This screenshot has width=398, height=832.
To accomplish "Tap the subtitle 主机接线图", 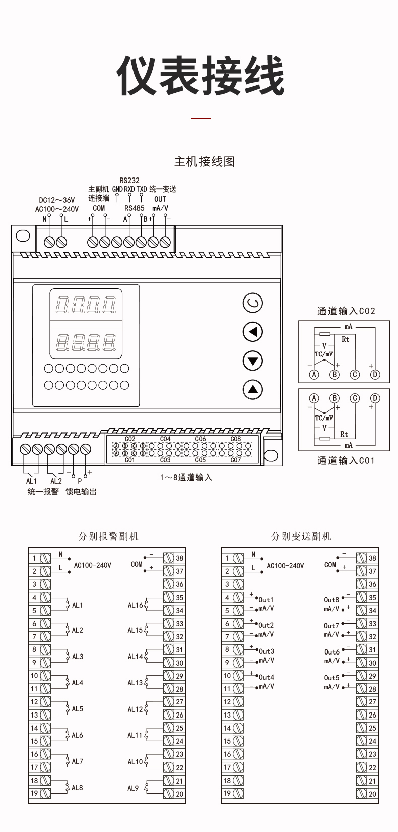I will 205,162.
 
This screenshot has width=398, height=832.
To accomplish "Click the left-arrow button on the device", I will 253,332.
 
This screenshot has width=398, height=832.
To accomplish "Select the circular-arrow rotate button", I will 253,303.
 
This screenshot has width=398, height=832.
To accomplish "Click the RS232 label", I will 129,180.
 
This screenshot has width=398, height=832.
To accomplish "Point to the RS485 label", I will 135,208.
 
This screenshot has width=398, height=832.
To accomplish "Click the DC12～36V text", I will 57,199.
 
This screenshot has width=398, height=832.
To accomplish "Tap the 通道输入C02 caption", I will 346,311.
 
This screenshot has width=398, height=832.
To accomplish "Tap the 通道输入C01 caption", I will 346,460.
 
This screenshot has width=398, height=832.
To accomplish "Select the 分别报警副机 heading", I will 108,536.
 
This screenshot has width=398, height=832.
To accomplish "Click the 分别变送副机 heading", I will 301,536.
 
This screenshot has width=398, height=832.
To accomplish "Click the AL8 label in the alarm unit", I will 77,788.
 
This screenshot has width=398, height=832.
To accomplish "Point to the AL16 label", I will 135,605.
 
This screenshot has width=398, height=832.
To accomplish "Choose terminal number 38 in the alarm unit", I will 179,558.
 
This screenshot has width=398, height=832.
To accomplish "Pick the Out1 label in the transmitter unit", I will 266,600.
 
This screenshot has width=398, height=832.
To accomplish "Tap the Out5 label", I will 331,678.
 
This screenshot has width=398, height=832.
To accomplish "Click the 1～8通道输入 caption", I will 186,477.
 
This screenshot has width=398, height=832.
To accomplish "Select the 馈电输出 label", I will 81,491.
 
